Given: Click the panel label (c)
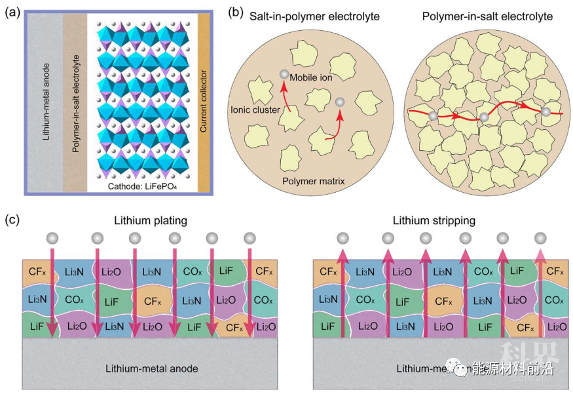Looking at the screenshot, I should [12, 219].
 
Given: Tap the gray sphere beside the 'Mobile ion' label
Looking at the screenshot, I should [284, 75].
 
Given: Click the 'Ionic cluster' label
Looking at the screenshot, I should [254, 109].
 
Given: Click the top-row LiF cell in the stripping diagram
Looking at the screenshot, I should [517, 270].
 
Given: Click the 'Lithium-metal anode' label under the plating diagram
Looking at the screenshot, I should [152, 368].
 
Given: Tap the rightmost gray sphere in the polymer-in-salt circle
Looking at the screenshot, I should [545, 112].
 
